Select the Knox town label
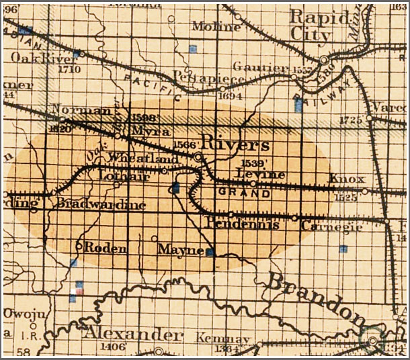tap(347, 179)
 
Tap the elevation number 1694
tap(230, 95)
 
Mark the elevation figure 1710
tap(69, 69)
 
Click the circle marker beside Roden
tap(79, 246)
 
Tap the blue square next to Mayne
tap(209, 253)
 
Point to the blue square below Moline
tap(193, 48)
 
